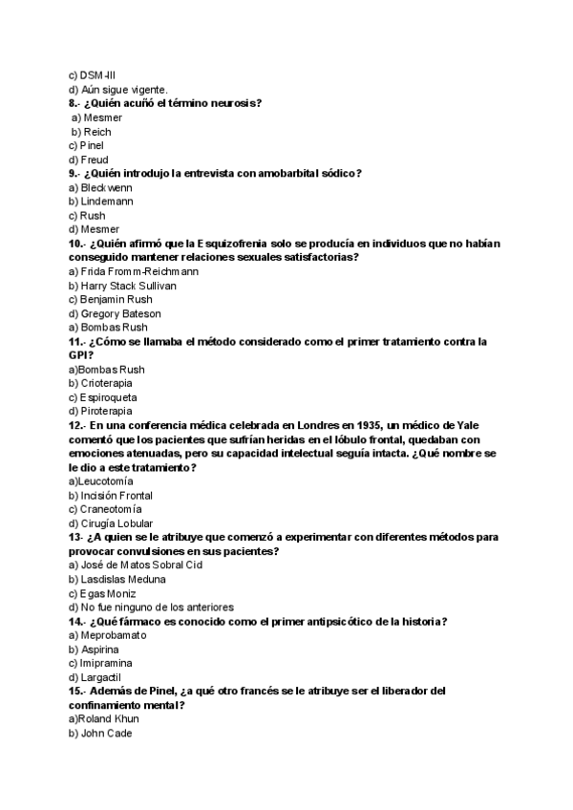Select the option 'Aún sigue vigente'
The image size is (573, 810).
123,89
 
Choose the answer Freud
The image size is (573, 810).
95,160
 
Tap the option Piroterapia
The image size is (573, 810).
107,412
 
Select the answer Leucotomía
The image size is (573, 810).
106,481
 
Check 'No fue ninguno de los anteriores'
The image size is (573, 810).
158,607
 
